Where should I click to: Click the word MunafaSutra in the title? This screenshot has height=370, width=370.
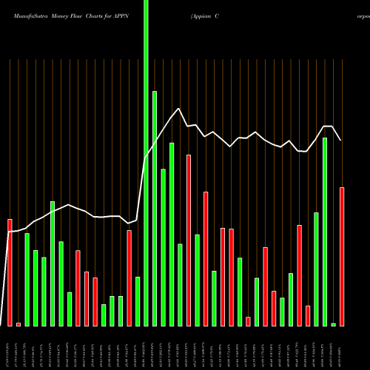26,16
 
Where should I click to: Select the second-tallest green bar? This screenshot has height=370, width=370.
155,207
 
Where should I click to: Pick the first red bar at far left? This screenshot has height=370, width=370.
10,272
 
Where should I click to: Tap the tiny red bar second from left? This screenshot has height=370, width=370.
18,324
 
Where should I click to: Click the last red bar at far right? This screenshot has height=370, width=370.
342,256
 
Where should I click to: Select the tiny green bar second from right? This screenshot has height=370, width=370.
333,324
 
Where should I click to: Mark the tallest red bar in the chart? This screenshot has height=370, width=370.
189,240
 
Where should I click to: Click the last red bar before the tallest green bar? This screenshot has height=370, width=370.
129,277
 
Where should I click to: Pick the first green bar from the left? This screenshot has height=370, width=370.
27,279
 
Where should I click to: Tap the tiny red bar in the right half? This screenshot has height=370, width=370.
248,321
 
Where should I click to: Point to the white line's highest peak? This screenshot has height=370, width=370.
180,110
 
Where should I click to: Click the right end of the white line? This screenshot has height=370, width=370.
341,140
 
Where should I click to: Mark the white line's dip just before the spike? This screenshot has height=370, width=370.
129,223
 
